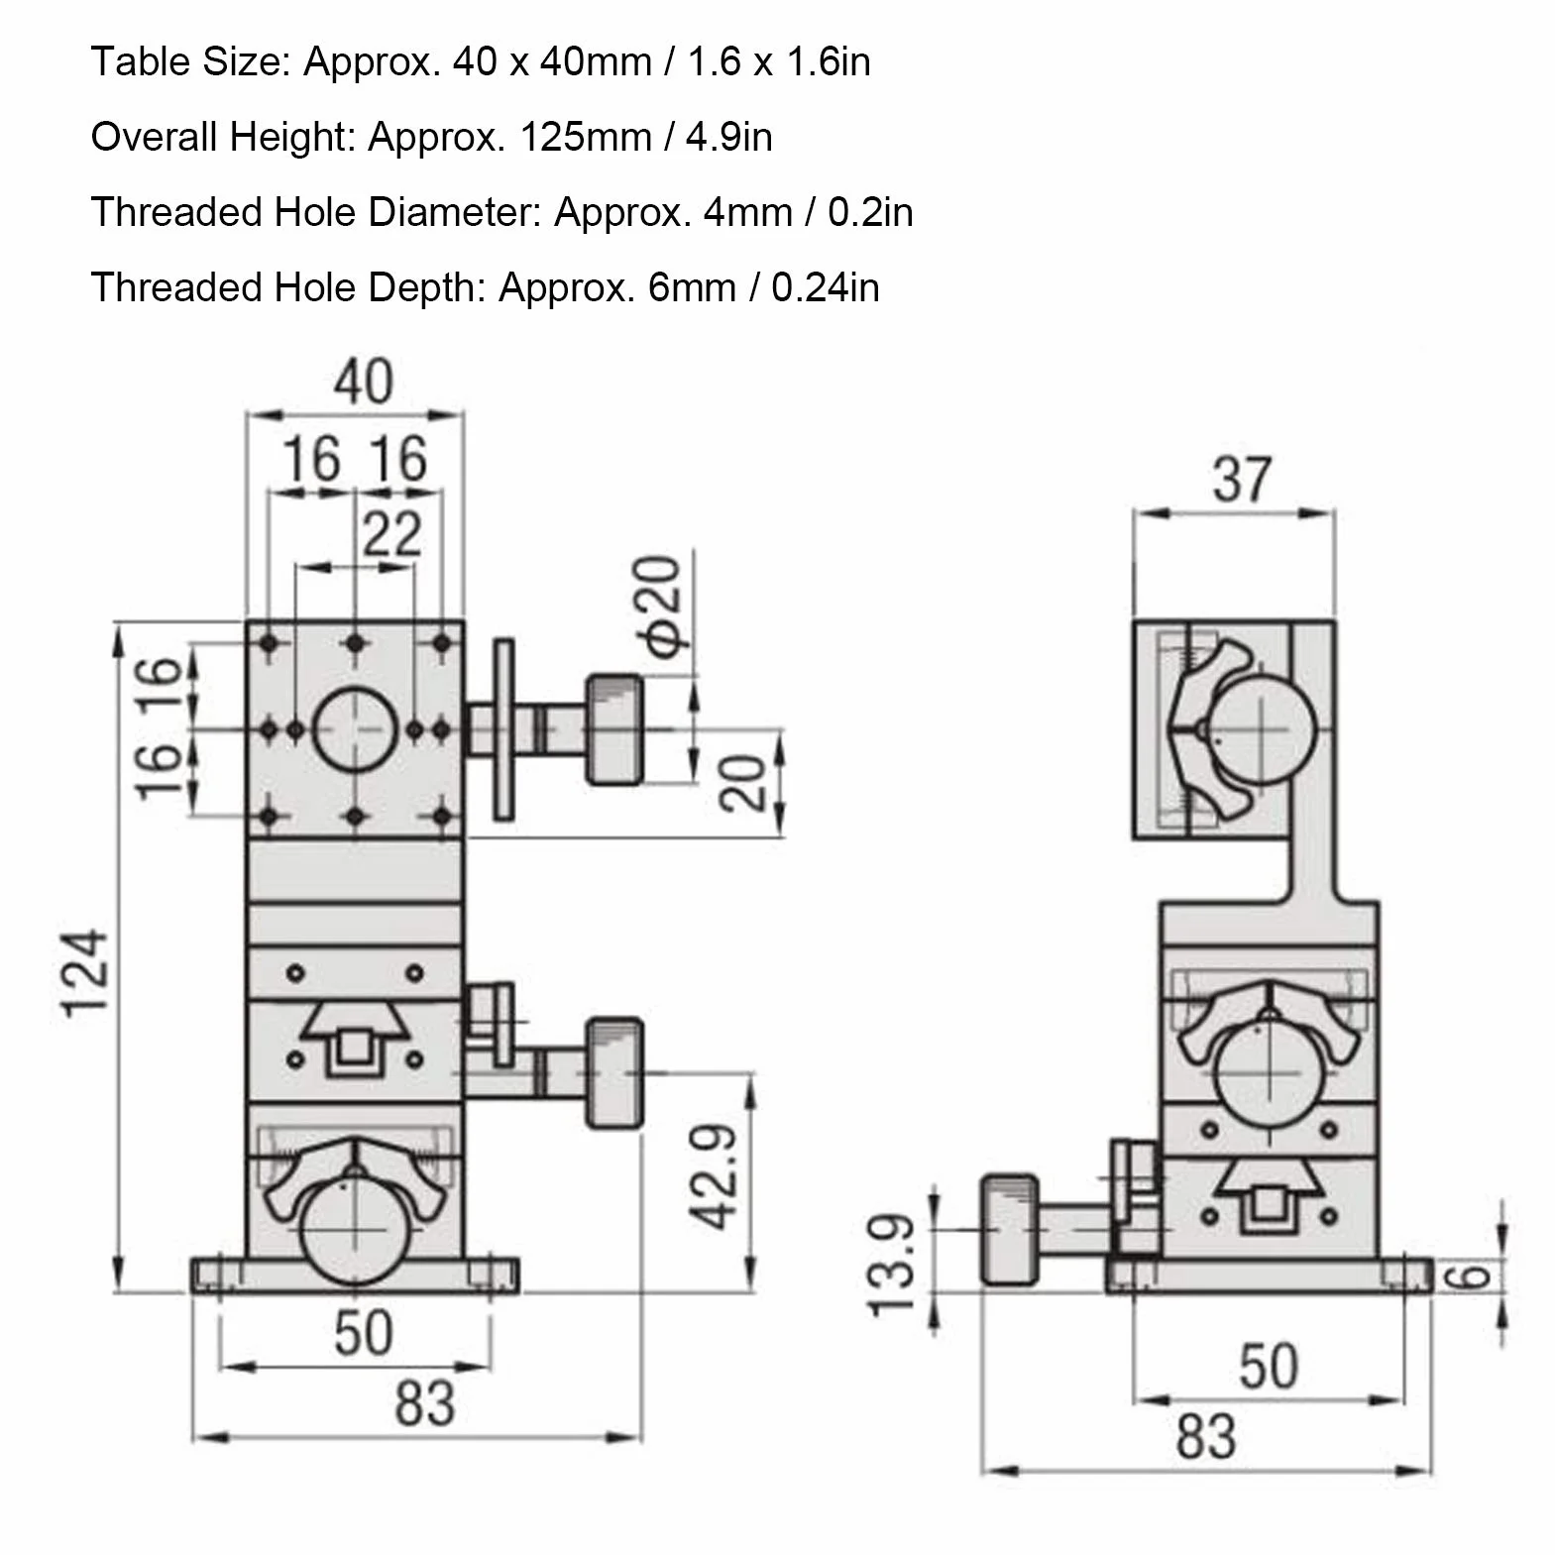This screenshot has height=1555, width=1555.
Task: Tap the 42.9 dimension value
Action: (x=715, y=1176)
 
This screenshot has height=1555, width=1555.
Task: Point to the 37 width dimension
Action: (x=1241, y=480)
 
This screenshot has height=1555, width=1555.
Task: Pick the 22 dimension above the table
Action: (x=391, y=533)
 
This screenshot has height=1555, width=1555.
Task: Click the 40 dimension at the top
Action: (x=363, y=381)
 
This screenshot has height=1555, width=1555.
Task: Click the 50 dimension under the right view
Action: (x=1268, y=1366)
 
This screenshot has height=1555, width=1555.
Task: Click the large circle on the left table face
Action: (x=356, y=730)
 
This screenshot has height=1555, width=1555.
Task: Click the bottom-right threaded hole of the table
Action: (x=442, y=817)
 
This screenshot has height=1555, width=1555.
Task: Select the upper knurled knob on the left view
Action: (x=614, y=729)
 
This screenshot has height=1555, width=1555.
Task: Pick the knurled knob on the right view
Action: (x=1010, y=1230)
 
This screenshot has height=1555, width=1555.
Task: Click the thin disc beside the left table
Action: (x=504, y=728)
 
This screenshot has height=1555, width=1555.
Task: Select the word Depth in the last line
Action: (x=429, y=287)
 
